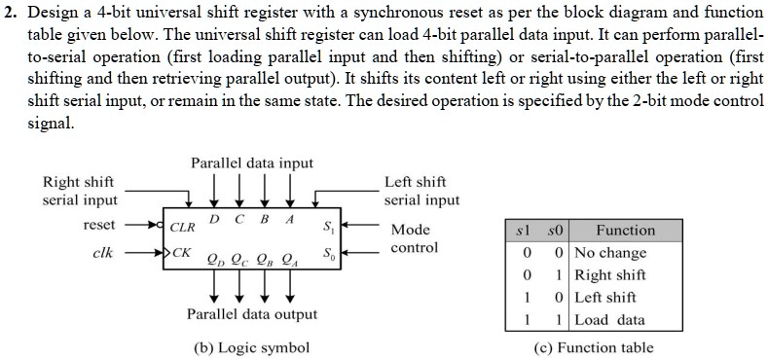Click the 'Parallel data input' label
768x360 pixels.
pos(252,163)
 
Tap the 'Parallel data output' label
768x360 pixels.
pos(252,314)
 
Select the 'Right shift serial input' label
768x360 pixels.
pos(79,191)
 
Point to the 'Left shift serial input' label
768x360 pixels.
pos(421,191)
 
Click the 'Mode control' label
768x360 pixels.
pos(414,239)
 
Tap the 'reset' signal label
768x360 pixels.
pos(99,225)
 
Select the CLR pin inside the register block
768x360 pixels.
pos(183,228)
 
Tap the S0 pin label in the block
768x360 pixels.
pos(328,255)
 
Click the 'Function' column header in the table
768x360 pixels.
pos(625,232)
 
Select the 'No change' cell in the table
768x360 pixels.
pos(610,253)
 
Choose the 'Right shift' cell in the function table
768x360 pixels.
pos(610,275)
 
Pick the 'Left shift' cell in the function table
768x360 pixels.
pos(605,298)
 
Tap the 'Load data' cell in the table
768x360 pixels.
pos(609,320)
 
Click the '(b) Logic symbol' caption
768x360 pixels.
pos(252,348)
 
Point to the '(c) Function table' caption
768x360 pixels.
pos(593,348)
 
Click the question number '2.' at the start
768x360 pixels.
pos(10,13)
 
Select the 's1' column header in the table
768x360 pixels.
pos(525,232)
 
